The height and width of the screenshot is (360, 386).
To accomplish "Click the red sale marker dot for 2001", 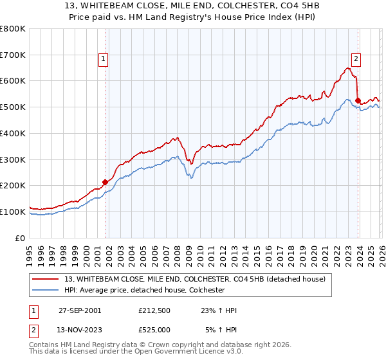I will point(106,182).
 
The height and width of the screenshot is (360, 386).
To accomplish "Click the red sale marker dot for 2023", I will point(358,100).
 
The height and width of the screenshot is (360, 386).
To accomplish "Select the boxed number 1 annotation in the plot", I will point(104,60).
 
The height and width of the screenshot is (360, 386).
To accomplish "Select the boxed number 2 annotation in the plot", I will point(356,60).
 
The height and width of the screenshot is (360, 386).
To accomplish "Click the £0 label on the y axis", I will point(20,238).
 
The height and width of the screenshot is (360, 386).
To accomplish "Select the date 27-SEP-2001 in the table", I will point(80,310).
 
